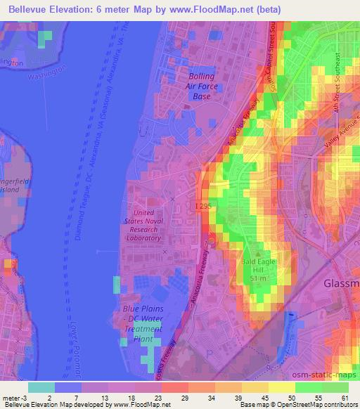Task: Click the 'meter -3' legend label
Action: pyautogui.click(x=15, y=398)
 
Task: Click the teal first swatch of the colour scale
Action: pyautogui.click(x=41, y=387)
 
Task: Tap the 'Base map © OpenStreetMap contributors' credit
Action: pyautogui.click(x=297, y=405)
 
